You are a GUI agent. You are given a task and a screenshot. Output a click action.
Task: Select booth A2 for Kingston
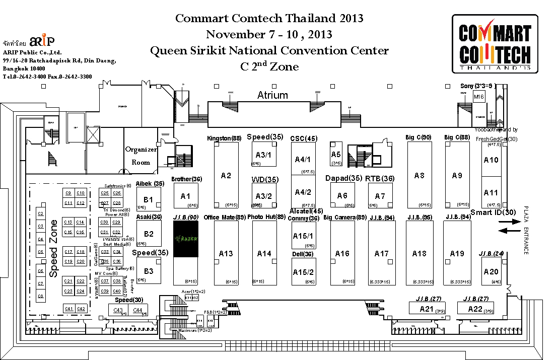click(226, 175)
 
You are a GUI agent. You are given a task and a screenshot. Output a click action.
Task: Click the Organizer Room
click(141, 156)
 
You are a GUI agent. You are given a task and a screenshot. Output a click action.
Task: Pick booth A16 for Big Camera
click(342, 253)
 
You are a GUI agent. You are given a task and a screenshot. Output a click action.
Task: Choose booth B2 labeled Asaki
click(149, 234)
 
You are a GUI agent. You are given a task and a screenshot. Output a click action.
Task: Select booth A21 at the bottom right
click(426, 309)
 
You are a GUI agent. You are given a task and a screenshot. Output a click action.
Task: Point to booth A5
click(336, 155)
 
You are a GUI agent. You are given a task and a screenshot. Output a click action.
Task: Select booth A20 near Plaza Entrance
click(491, 271)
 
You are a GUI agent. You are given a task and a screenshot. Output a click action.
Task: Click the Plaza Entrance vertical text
click(526, 230)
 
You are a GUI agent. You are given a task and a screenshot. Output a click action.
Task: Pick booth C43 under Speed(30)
click(118, 310)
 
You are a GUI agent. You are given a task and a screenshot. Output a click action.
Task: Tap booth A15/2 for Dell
click(303, 272)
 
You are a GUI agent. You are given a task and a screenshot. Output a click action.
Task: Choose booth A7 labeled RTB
click(380, 196)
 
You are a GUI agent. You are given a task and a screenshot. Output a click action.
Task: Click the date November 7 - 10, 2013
click(269, 34)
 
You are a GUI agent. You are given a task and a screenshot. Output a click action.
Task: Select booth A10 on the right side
click(491, 160)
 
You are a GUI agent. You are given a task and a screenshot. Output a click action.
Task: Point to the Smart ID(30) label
click(493, 212)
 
